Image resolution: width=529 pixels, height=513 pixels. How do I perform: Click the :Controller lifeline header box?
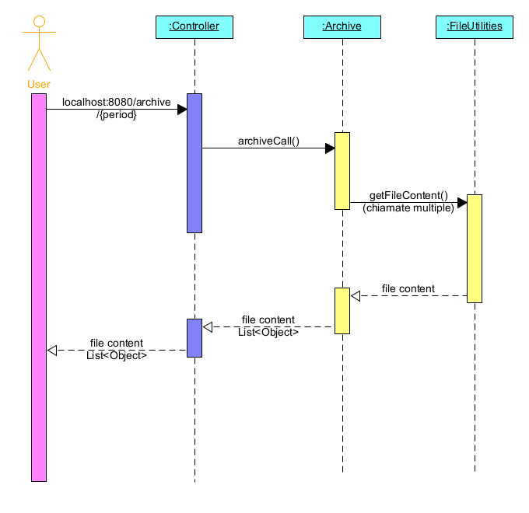coord(194,27)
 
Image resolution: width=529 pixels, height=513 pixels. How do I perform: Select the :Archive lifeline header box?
coord(342,27)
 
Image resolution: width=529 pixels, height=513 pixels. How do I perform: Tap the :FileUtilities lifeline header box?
coord(474,27)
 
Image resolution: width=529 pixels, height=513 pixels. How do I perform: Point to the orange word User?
coord(38,84)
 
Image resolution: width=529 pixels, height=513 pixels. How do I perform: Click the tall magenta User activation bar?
coord(39,288)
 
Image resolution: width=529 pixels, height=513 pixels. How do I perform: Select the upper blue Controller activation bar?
coord(194,163)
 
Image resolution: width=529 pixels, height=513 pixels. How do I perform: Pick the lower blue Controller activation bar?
coord(194,337)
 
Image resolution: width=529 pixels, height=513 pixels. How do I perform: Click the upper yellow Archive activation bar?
coord(342,170)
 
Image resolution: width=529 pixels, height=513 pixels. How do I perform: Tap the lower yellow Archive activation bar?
coord(342,310)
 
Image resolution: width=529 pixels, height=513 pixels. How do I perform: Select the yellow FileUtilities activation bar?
coord(475,248)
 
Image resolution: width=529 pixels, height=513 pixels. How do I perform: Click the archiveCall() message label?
coord(268,141)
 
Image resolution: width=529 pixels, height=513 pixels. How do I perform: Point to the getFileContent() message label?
coord(408,196)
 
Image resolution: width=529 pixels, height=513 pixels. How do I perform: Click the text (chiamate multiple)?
coord(408,208)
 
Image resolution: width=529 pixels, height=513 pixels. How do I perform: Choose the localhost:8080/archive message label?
coord(116,103)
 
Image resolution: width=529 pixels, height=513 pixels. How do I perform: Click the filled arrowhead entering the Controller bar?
coord(182,110)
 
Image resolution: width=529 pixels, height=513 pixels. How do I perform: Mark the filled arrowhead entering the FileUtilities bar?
coord(462,203)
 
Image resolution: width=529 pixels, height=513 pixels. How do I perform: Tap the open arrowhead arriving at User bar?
coord(52,351)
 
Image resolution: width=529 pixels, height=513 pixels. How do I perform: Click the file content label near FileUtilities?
coord(408,289)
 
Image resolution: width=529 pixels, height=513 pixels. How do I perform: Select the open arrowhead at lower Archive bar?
coord(356,296)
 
